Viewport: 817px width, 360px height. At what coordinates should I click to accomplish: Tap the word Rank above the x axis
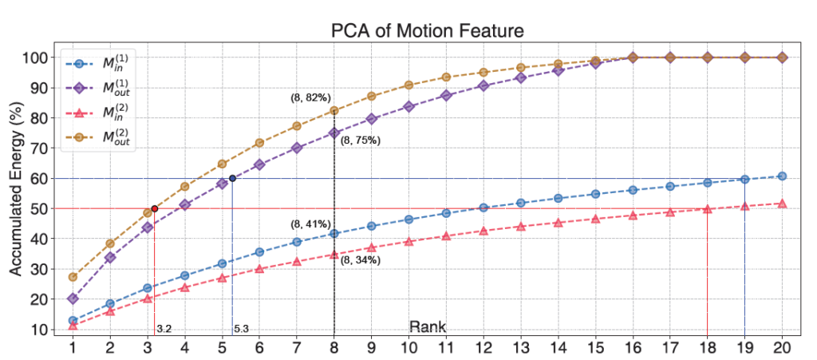427,326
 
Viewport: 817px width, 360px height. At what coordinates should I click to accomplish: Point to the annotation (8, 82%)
310,97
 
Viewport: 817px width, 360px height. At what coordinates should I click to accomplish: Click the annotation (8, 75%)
361,140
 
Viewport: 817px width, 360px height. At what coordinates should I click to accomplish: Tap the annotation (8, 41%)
310,224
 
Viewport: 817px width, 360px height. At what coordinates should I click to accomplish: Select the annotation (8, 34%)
361,259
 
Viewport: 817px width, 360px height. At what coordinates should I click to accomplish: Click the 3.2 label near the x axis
164,328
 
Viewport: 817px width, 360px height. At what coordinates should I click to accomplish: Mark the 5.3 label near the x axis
242,328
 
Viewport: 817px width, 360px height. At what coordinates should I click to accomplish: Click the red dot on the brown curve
155,208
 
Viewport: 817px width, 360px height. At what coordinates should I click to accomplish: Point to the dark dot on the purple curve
232,178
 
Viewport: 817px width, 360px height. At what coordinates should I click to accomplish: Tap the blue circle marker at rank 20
782,176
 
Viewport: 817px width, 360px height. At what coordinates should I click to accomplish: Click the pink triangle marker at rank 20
782,204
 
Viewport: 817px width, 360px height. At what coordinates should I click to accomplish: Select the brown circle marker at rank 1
73,277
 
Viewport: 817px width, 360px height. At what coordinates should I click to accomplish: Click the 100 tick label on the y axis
37,57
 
